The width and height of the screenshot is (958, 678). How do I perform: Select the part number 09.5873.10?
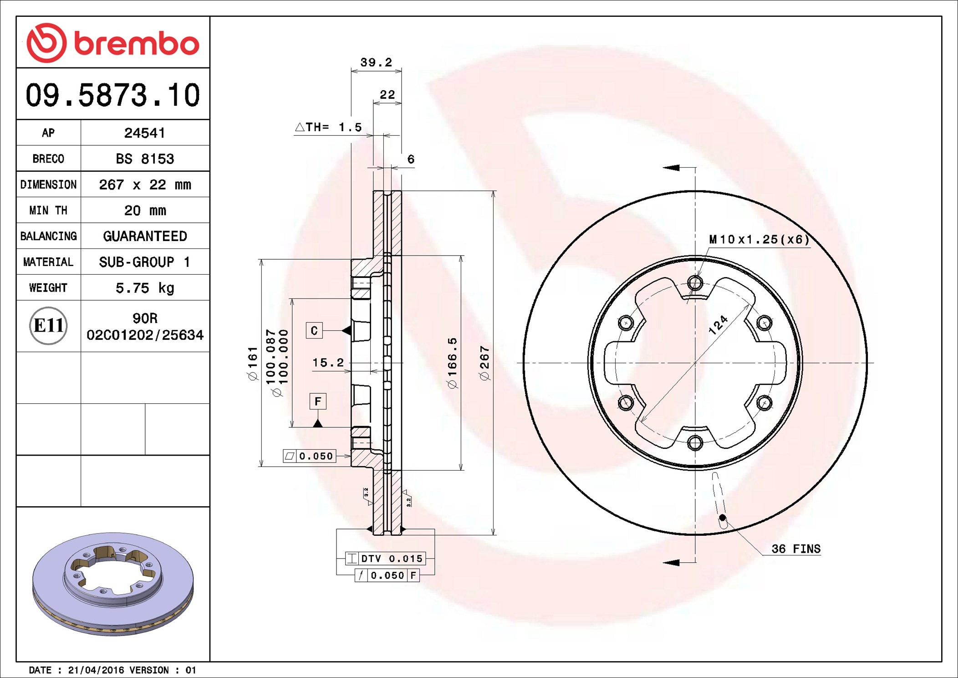[x=112, y=95]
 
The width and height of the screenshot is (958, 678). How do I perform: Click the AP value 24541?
[x=144, y=133]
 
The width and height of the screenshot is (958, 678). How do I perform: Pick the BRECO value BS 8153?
[x=144, y=159]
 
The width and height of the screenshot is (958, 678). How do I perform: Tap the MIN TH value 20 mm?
[x=144, y=211]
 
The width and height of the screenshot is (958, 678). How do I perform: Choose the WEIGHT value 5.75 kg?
[x=144, y=288]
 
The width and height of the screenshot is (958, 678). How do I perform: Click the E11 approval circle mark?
[x=48, y=326]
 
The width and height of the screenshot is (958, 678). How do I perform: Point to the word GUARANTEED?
[x=144, y=236]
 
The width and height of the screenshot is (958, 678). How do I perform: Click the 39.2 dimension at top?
[x=376, y=62]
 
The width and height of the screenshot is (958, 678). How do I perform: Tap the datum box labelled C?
[x=314, y=330]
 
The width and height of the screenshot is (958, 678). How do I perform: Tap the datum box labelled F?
[x=318, y=401]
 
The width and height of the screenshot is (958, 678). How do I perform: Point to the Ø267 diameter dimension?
[x=485, y=363]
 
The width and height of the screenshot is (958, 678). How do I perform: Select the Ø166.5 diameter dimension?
[x=452, y=363]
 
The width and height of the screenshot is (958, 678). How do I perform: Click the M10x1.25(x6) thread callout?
[x=759, y=240]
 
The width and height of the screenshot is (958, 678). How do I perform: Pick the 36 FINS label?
[x=795, y=549]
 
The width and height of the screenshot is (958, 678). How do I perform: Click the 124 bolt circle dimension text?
[x=718, y=325]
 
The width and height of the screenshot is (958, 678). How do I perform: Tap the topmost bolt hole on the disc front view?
[x=695, y=283]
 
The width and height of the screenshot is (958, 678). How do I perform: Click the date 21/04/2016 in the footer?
[x=96, y=670]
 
